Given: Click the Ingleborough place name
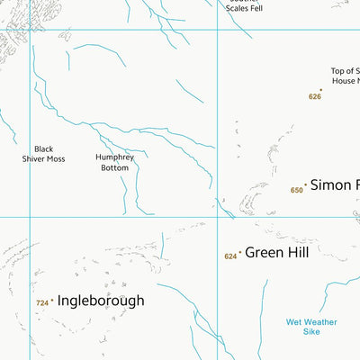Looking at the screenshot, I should tap(100, 301).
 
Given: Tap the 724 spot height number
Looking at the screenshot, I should tap(41, 303).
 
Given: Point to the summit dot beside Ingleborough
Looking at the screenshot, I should tap(52, 301).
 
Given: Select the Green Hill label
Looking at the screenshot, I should tap(276, 253).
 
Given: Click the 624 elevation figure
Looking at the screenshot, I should tap(230, 256).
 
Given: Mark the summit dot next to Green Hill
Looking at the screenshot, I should tap(240, 253).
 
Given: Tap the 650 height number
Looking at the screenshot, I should tap(296, 190).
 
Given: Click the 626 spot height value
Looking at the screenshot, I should tap(314, 96).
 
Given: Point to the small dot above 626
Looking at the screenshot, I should tap(320, 89).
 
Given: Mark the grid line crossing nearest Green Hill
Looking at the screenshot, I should tap(217, 217).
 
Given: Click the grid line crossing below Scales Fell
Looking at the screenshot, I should tap(217, 30).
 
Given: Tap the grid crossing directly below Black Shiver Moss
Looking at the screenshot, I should tap(30, 217).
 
